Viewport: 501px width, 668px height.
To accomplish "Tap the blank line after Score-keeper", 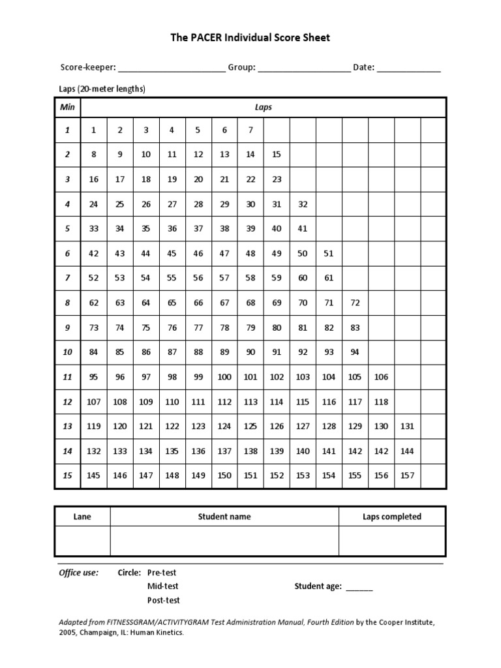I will click(172, 68).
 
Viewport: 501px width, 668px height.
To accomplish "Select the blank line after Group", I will click(304, 68).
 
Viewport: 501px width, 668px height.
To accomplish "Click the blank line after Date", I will click(409, 68).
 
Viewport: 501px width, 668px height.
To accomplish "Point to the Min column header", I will click(67, 107).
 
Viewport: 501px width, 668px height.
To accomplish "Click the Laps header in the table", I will click(264, 107).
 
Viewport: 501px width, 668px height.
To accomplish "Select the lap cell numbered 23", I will click(277, 179).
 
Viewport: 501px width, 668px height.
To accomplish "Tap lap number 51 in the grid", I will click(329, 254).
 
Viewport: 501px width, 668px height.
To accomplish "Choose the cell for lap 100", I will click(224, 377).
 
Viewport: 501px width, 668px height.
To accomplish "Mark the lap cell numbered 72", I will click(355, 303).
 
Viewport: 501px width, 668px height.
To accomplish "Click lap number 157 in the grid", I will click(408, 476).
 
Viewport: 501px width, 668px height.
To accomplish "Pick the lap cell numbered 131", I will click(408, 427).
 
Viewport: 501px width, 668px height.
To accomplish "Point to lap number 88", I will click(198, 352).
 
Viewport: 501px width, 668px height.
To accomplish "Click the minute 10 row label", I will click(67, 352).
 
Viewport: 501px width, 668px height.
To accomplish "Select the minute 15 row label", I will click(67, 476).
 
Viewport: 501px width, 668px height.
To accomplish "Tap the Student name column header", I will click(224, 517).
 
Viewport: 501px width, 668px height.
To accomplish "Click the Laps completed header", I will click(392, 517).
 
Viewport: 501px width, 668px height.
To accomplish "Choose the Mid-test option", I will click(163, 586).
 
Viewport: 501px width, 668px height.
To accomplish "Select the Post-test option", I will click(164, 600).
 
